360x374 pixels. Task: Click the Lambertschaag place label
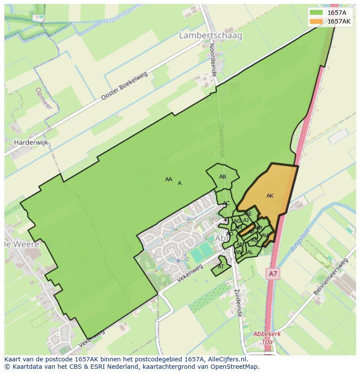pos(210,36)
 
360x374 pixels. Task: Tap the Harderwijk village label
pos(31,142)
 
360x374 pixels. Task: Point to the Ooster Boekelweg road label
pos(124,86)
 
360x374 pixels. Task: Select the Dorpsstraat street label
pos(223,141)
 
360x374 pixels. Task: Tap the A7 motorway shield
pos(272,274)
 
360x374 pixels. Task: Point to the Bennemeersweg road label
pos(331,277)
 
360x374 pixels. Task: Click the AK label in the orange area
pos(270,196)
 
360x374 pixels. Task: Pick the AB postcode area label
pos(223,177)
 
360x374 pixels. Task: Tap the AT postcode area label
pos(221,267)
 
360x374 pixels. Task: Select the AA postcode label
pos(169,179)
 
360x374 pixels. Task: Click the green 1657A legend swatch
pos(316,13)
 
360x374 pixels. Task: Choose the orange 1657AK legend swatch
pos(316,21)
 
